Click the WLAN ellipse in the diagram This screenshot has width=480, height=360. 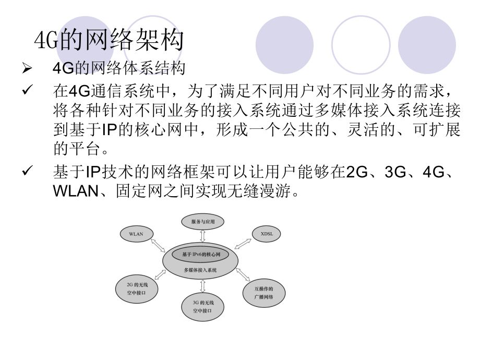click(x=136, y=234)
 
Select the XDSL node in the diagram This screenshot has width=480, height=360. click(x=267, y=234)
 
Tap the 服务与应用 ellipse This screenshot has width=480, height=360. click(x=203, y=222)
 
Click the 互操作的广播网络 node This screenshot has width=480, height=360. click(x=263, y=292)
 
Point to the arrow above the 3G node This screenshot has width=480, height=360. click(x=202, y=286)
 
